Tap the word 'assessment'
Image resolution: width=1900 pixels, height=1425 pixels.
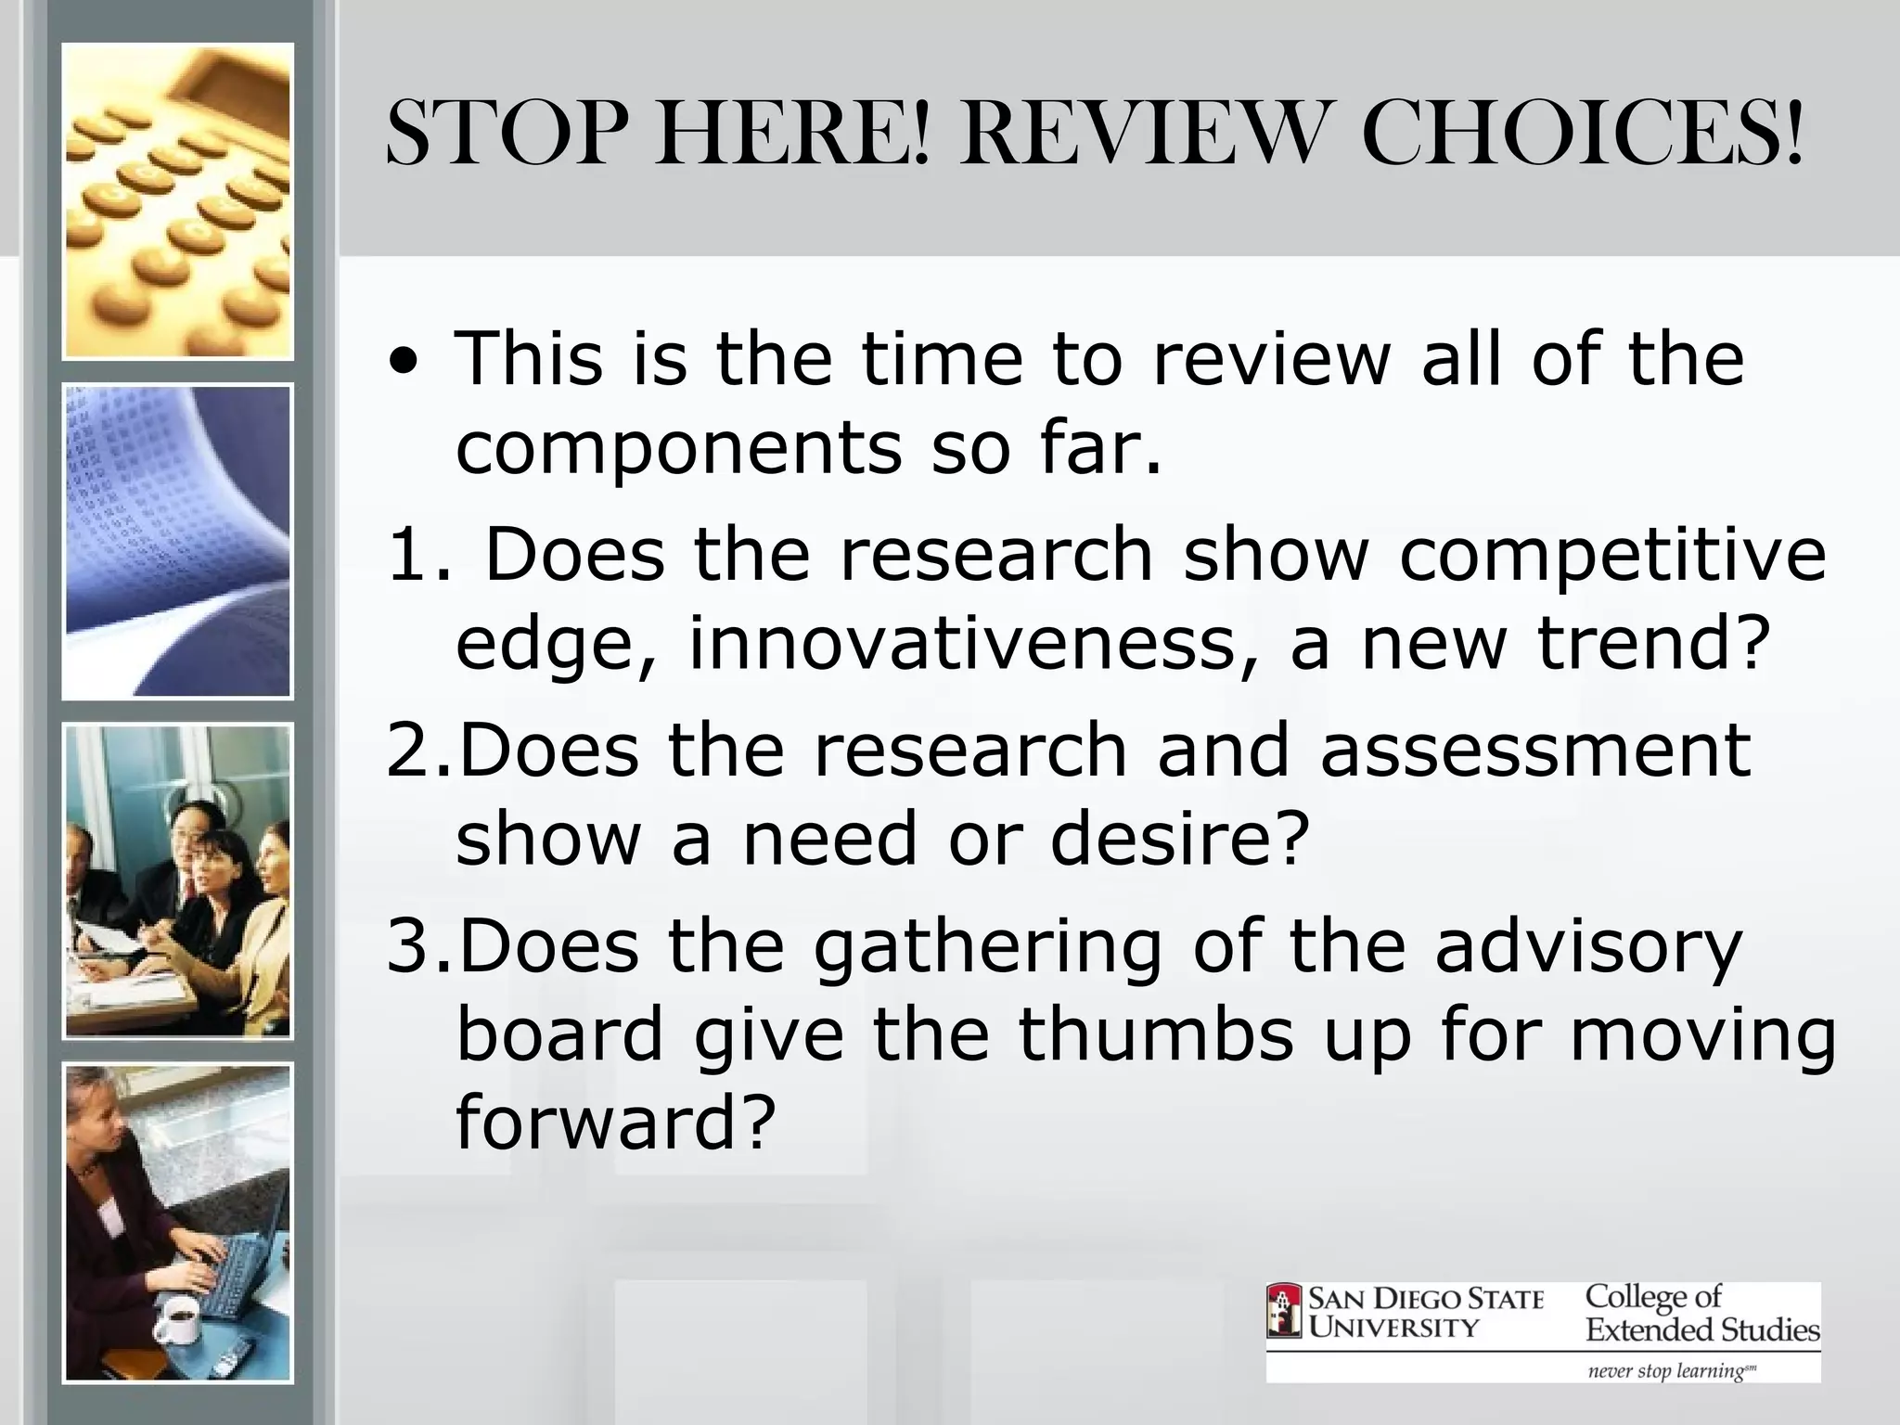(x=1535, y=750)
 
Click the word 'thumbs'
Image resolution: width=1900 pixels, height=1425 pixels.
(x=1155, y=1034)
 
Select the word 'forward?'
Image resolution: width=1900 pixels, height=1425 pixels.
(x=615, y=1121)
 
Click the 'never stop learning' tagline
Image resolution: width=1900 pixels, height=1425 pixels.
(x=1670, y=1370)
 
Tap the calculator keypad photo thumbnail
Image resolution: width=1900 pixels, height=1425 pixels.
(x=178, y=201)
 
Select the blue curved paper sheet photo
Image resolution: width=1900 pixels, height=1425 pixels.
(x=178, y=541)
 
